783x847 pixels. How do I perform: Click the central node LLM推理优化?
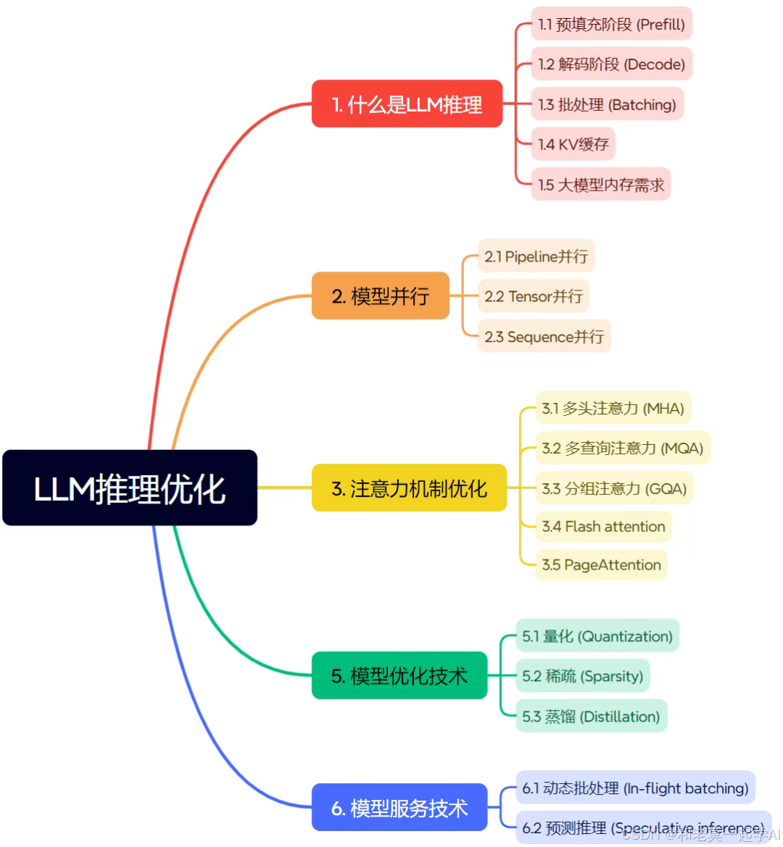[x=130, y=488]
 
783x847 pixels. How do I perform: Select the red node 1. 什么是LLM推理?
[x=407, y=104]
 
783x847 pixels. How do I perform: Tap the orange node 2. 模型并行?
[x=380, y=296]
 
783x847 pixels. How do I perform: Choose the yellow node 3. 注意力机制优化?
[x=409, y=488]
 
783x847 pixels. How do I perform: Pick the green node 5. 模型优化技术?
[x=399, y=675]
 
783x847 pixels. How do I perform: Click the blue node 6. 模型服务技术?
[x=399, y=807]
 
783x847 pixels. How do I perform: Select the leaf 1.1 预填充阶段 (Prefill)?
[x=611, y=24]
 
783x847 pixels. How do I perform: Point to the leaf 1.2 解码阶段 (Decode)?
[x=611, y=64]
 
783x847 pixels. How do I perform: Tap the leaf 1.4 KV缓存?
[x=573, y=144]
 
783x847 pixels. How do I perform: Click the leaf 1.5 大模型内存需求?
[x=600, y=185]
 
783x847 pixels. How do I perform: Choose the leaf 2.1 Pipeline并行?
[x=536, y=256]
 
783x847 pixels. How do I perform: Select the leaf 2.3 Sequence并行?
[x=544, y=336]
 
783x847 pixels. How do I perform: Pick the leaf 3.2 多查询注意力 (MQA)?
[x=622, y=448]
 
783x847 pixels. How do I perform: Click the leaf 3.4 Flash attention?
[x=603, y=527]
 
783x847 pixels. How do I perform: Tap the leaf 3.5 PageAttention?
[x=601, y=565]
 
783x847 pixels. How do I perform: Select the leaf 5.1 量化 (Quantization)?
[x=597, y=636]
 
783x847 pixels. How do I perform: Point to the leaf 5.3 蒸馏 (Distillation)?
[x=591, y=717]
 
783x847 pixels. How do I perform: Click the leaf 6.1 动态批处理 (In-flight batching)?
[x=635, y=788]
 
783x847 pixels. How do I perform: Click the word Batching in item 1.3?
[x=642, y=104]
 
